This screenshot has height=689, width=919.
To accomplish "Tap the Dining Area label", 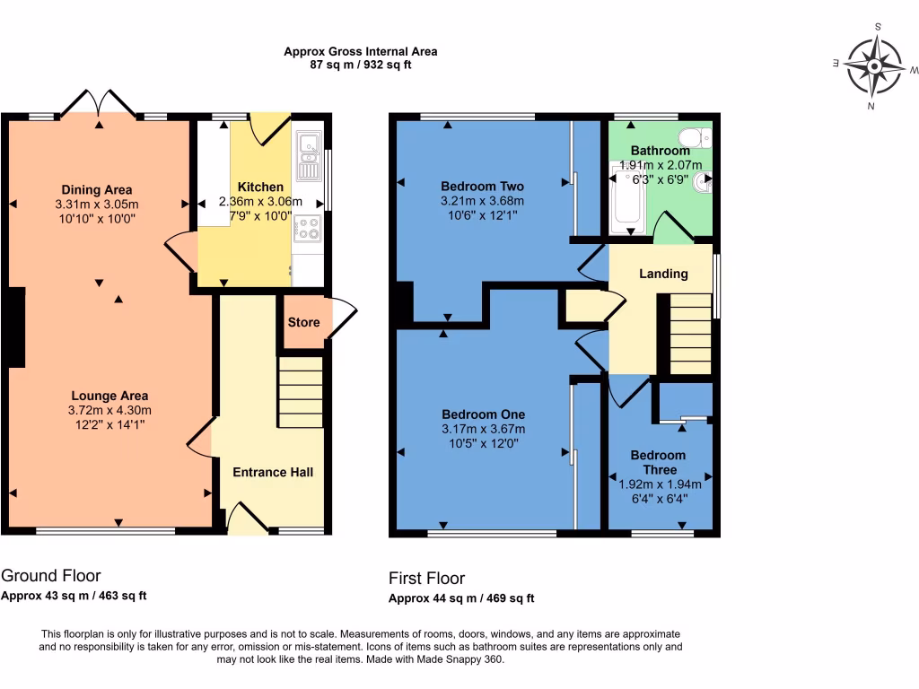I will click(x=97, y=189).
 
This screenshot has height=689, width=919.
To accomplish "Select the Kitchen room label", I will click(x=261, y=187).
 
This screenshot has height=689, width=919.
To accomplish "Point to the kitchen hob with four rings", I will click(x=308, y=229).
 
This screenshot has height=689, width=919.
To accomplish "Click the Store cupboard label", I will click(x=303, y=322).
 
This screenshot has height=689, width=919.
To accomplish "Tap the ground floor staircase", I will click(x=300, y=392).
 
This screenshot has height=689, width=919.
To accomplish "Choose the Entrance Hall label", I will click(x=273, y=472).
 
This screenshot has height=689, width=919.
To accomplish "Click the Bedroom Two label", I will click(x=482, y=187).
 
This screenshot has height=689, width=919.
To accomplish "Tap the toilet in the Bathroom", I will click(x=693, y=137).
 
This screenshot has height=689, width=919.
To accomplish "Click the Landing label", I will click(x=663, y=274).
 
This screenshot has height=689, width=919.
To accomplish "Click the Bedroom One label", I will click(x=483, y=414).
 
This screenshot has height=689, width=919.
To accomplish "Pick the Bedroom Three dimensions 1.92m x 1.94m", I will click(x=660, y=484).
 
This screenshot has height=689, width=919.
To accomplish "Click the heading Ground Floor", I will click(x=51, y=576).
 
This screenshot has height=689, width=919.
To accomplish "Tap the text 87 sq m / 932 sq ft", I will click(x=360, y=65).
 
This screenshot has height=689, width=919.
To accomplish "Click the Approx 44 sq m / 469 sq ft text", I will click(x=461, y=598).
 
